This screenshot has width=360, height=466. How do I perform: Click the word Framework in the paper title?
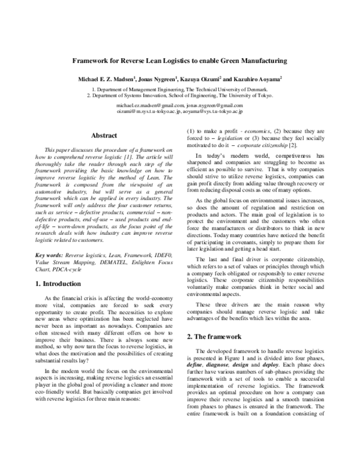[92, 61]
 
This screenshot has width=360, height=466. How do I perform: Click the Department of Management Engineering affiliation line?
[179, 89]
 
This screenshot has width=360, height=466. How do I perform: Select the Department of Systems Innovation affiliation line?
[179, 95]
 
